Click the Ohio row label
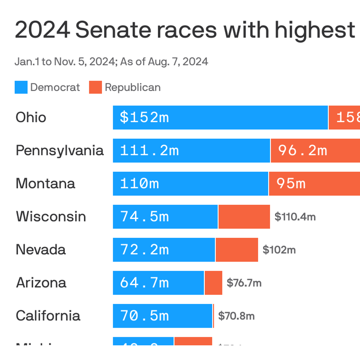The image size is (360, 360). click(x=31, y=117)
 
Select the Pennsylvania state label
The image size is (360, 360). click(x=60, y=150)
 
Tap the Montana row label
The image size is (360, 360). click(x=45, y=183)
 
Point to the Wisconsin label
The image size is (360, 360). click(x=51, y=217)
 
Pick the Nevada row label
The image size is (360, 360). click(x=41, y=250)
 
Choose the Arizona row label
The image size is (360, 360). click(x=41, y=283)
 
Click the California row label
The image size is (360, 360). click(x=48, y=316)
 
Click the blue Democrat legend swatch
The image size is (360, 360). click(x=21, y=87)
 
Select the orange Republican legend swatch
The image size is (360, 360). click(x=95, y=87)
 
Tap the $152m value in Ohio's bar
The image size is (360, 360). click(x=144, y=117)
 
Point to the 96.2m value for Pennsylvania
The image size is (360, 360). click(x=303, y=150)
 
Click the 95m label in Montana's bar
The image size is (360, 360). click(x=291, y=183)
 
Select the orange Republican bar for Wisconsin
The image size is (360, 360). click(x=244, y=217)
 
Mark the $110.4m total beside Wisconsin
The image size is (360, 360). click(x=295, y=217)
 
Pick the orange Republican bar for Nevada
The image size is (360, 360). click(x=237, y=250)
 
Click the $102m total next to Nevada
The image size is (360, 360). click(x=279, y=250)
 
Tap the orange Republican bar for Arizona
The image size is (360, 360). click(x=213, y=283)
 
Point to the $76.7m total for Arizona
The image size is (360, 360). click(x=244, y=283)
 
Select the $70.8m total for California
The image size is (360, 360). click(x=236, y=316)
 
